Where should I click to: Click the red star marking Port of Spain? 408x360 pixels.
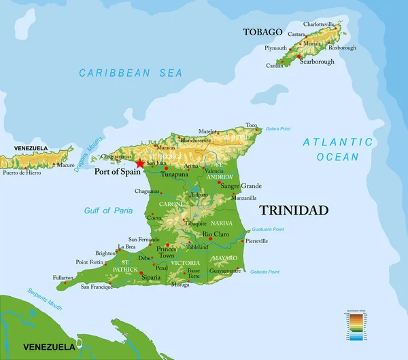[140, 163]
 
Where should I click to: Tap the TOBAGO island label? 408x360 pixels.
[262, 32]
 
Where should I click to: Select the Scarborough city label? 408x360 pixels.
[314, 62]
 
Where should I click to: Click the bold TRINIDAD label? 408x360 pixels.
[294, 211]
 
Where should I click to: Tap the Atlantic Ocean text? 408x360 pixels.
[338, 149]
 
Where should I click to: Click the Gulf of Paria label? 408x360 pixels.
[109, 211]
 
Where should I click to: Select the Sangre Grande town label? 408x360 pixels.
[241, 186]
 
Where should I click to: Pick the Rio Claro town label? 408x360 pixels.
[218, 234]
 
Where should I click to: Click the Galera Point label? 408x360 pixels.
[278, 128]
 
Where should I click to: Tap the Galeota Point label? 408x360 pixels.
[265, 272]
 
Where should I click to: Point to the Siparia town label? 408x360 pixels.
[151, 277]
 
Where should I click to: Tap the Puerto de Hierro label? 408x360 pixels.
[21, 173]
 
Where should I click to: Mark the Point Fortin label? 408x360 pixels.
[90, 262]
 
